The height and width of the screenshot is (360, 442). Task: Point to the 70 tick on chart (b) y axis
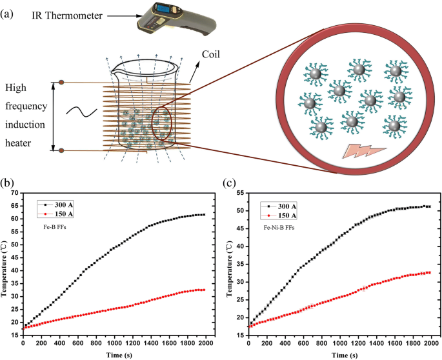coord(15,194)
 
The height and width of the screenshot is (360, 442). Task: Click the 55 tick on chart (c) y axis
coord(241,194)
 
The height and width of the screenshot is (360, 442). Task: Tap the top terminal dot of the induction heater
coord(61,82)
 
